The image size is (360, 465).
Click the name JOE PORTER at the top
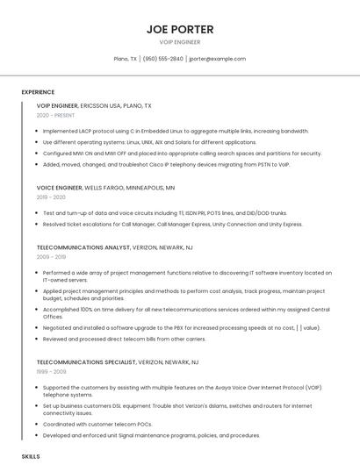tap(179, 29)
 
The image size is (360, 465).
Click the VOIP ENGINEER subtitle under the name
tap(179, 42)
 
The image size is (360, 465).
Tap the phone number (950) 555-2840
tap(163, 59)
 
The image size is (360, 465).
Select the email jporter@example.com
tap(217, 59)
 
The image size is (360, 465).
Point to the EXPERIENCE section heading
tap(38, 91)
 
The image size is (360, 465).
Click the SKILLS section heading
tap(31, 457)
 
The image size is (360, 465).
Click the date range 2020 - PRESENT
tap(55, 115)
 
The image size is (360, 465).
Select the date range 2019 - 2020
tap(51, 197)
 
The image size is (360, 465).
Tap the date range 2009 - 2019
tap(51, 257)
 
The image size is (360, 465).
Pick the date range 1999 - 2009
tap(51, 371)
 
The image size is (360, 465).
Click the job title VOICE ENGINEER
tap(59, 187)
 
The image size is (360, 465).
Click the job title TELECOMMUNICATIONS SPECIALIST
tap(86, 361)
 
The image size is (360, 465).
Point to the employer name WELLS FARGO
tap(106, 187)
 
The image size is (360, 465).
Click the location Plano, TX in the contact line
tap(126, 59)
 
